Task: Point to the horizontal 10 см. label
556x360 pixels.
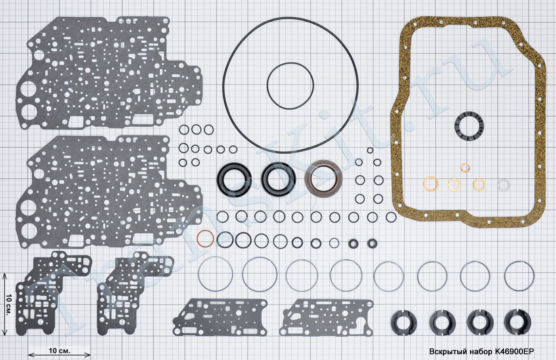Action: [x=60, y=351]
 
